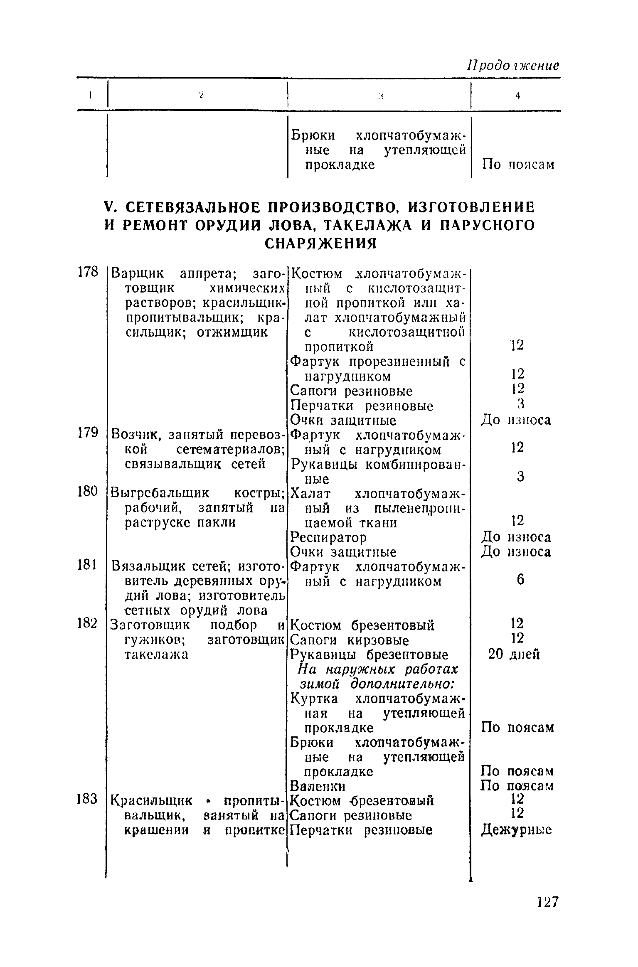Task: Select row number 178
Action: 88,272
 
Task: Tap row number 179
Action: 88,433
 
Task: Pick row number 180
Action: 88,492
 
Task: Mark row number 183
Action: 88,799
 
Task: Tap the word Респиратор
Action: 328,538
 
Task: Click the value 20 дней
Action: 514,655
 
